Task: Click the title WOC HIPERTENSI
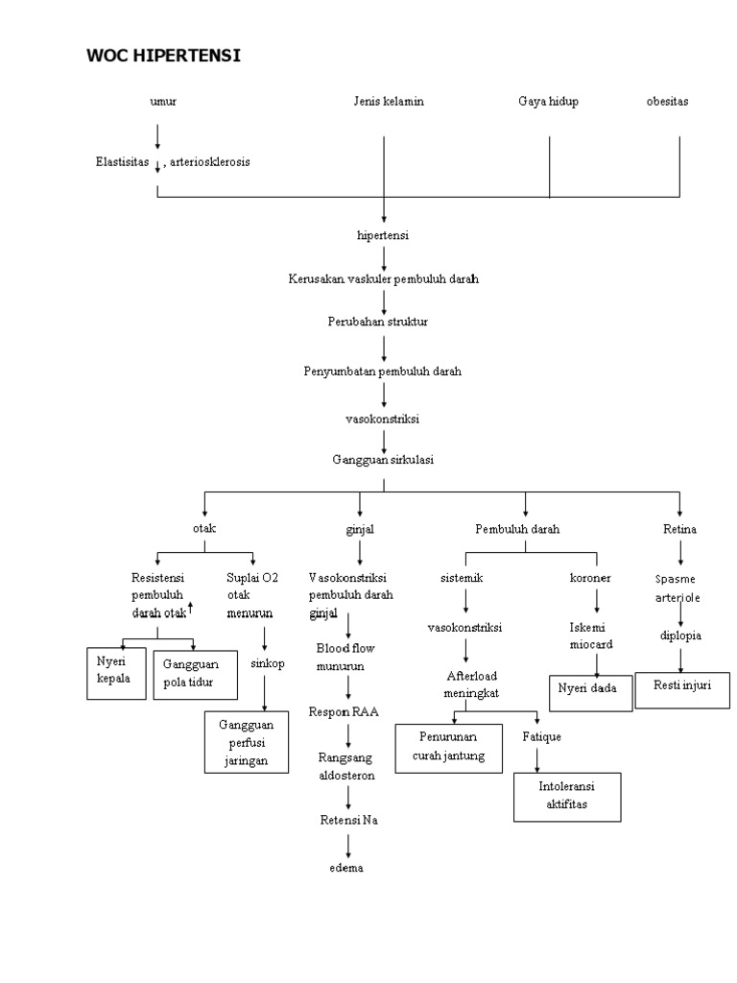pos(164,56)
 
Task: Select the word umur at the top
pos(163,102)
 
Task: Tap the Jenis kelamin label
pos(388,102)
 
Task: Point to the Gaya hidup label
pos(548,102)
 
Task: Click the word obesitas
pos(667,102)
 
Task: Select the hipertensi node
pos(383,234)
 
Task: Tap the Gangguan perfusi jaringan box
pos(246,742)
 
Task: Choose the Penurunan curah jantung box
pos(449,746)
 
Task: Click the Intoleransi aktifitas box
pos(567,796)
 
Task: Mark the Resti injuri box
pos(681,687)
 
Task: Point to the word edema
pos(348,868)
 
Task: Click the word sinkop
pos(267,663)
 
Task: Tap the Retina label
pos(679,529)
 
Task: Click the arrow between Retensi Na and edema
pos(348,844)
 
